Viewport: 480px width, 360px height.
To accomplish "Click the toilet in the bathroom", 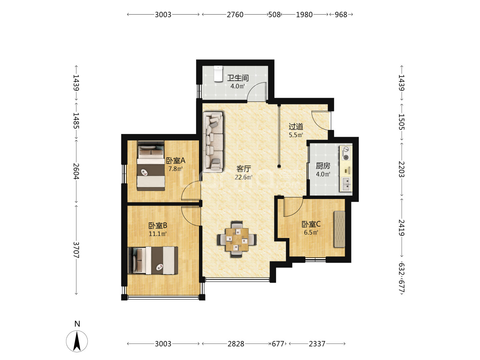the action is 218,74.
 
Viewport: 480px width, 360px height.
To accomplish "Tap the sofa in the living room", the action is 213,142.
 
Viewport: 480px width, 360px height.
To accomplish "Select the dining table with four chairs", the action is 237,239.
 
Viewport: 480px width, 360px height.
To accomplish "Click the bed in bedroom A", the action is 151,166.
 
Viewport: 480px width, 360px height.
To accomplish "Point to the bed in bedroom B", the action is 153,260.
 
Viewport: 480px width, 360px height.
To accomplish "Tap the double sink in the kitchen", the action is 346,184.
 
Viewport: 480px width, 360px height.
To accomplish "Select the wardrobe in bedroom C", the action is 339,229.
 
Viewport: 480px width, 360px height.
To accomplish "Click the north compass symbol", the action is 77,341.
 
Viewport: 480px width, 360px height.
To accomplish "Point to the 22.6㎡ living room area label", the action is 243,177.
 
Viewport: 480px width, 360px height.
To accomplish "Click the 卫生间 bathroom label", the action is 238,78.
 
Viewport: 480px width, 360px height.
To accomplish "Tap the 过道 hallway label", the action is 296,126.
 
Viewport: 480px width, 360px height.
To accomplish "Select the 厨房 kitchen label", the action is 323,166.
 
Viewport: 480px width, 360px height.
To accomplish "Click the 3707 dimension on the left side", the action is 76,250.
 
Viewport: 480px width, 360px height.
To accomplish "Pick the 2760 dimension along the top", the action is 235,15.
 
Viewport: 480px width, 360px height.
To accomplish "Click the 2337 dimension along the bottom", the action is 317,344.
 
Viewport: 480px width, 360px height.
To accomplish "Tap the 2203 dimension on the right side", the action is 401,169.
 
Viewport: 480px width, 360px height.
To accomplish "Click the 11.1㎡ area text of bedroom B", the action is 158,234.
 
